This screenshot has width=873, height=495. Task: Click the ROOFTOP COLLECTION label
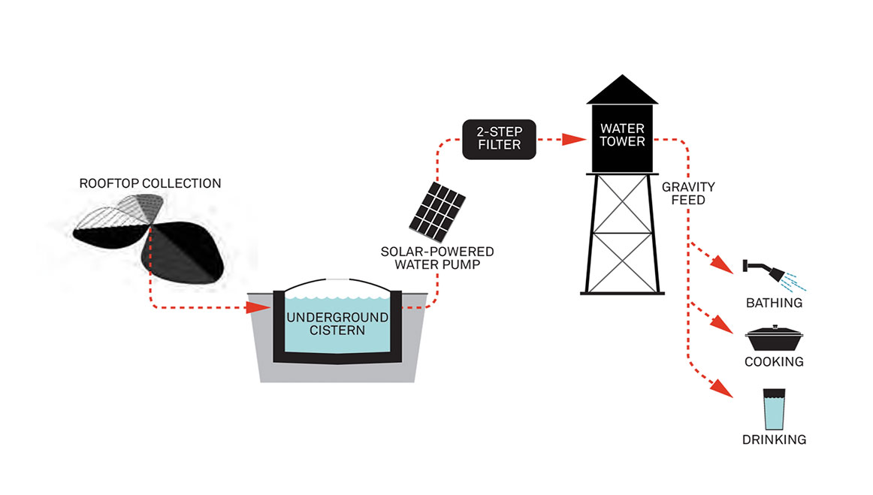coord(151,183)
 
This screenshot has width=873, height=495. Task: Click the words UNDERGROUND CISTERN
coord(337,324)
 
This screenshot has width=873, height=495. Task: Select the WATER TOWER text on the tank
coord(622,135)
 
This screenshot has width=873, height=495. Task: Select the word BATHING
coord(774,303)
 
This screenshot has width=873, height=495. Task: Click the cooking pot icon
coord(774,339)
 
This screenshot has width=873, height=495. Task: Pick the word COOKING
coord(774,362)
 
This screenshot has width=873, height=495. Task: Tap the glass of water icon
coord(774,409)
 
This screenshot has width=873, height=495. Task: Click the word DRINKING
coord(774,440)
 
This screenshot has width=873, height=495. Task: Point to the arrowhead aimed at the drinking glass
coord(724,390)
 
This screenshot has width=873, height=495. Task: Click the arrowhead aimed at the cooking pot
coord(724,325)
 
